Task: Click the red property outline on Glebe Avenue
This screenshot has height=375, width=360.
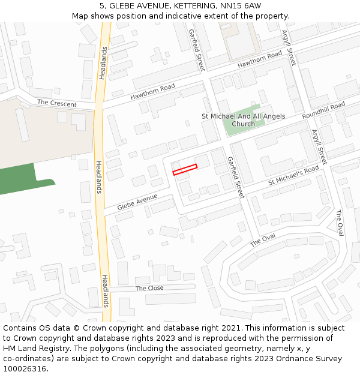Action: [185, 170]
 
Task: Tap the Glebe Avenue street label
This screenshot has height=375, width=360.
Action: [137, 202]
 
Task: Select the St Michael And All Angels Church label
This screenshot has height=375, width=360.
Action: [244, 120]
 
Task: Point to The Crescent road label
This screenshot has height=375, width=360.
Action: [57, 103]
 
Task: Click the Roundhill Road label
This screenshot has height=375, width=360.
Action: [323, 110]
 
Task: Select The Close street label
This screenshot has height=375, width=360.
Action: [149, 288]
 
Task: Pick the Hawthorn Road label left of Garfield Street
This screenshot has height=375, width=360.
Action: [152, 92]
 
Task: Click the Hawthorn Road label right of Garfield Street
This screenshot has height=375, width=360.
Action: [259, 59]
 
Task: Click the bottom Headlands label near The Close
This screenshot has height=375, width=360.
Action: [106, 290]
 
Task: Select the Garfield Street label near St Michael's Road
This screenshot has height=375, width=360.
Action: [235, 178]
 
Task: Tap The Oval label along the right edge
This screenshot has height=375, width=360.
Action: [340, 223]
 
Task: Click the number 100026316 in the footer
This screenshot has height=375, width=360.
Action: [25, 368]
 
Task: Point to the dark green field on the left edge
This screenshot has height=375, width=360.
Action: [18, 180]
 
